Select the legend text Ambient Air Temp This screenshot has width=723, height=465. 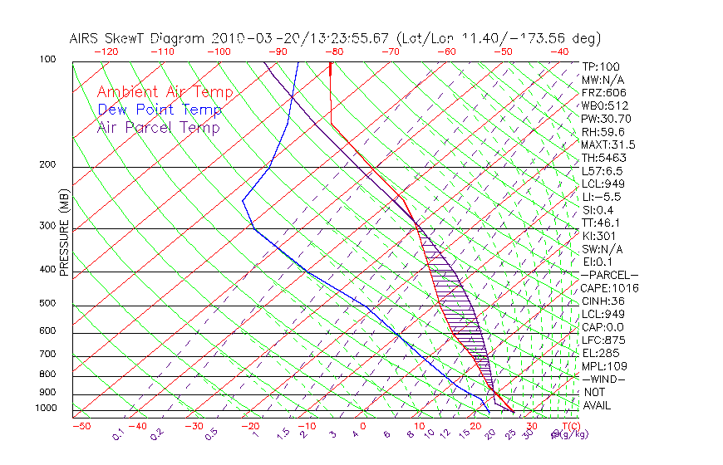click(165, 92)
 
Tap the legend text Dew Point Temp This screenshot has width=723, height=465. click(160, 110)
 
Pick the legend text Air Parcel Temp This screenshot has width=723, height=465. click(159, 127)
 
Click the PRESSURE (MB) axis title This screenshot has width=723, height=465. click(64, 242)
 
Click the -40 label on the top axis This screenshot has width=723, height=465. click(560, 51)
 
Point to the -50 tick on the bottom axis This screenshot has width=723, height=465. click(81, 426)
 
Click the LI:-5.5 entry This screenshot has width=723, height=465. click(602, 197)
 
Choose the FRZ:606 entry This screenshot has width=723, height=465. click(604, 93)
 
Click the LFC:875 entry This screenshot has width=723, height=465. click(602, 340)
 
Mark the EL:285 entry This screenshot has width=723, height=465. click(600, 353)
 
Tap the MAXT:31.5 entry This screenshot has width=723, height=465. click(607, 144)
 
